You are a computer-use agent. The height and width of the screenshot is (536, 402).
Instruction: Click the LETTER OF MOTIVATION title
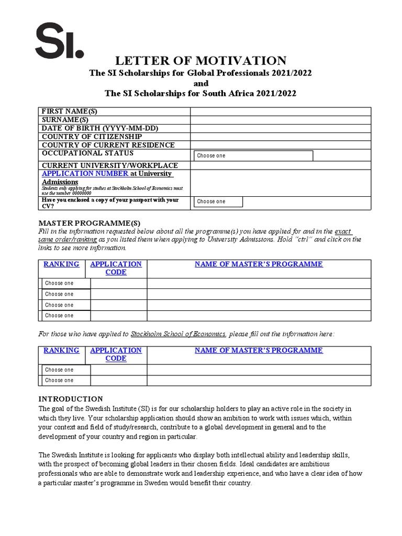coord(200,61)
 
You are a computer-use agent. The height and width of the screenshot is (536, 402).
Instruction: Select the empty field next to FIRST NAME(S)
coord(281,111)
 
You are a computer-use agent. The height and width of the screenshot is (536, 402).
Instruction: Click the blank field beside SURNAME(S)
coord(281,120)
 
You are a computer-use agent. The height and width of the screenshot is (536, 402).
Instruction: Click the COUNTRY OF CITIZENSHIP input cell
coord(281,137)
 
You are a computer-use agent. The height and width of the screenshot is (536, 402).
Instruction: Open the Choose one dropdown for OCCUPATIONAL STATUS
coord(253,155)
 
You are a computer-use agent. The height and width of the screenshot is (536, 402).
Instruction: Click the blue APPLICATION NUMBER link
coord(85,173)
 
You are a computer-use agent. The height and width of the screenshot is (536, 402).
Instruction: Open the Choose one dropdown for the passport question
coord(218,202)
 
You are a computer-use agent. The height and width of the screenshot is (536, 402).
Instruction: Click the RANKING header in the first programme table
coord(61,264)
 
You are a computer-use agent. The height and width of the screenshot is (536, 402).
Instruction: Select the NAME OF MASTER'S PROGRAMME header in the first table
coord(259,264)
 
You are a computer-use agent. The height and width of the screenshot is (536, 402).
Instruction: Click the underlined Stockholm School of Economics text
coord(178,334)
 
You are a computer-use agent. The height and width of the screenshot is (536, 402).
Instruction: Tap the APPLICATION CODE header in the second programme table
coord(116,354)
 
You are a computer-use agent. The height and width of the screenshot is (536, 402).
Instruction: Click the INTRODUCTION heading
coord(71,399)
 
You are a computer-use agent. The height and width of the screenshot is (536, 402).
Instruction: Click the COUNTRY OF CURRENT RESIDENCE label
coord(108,145)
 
